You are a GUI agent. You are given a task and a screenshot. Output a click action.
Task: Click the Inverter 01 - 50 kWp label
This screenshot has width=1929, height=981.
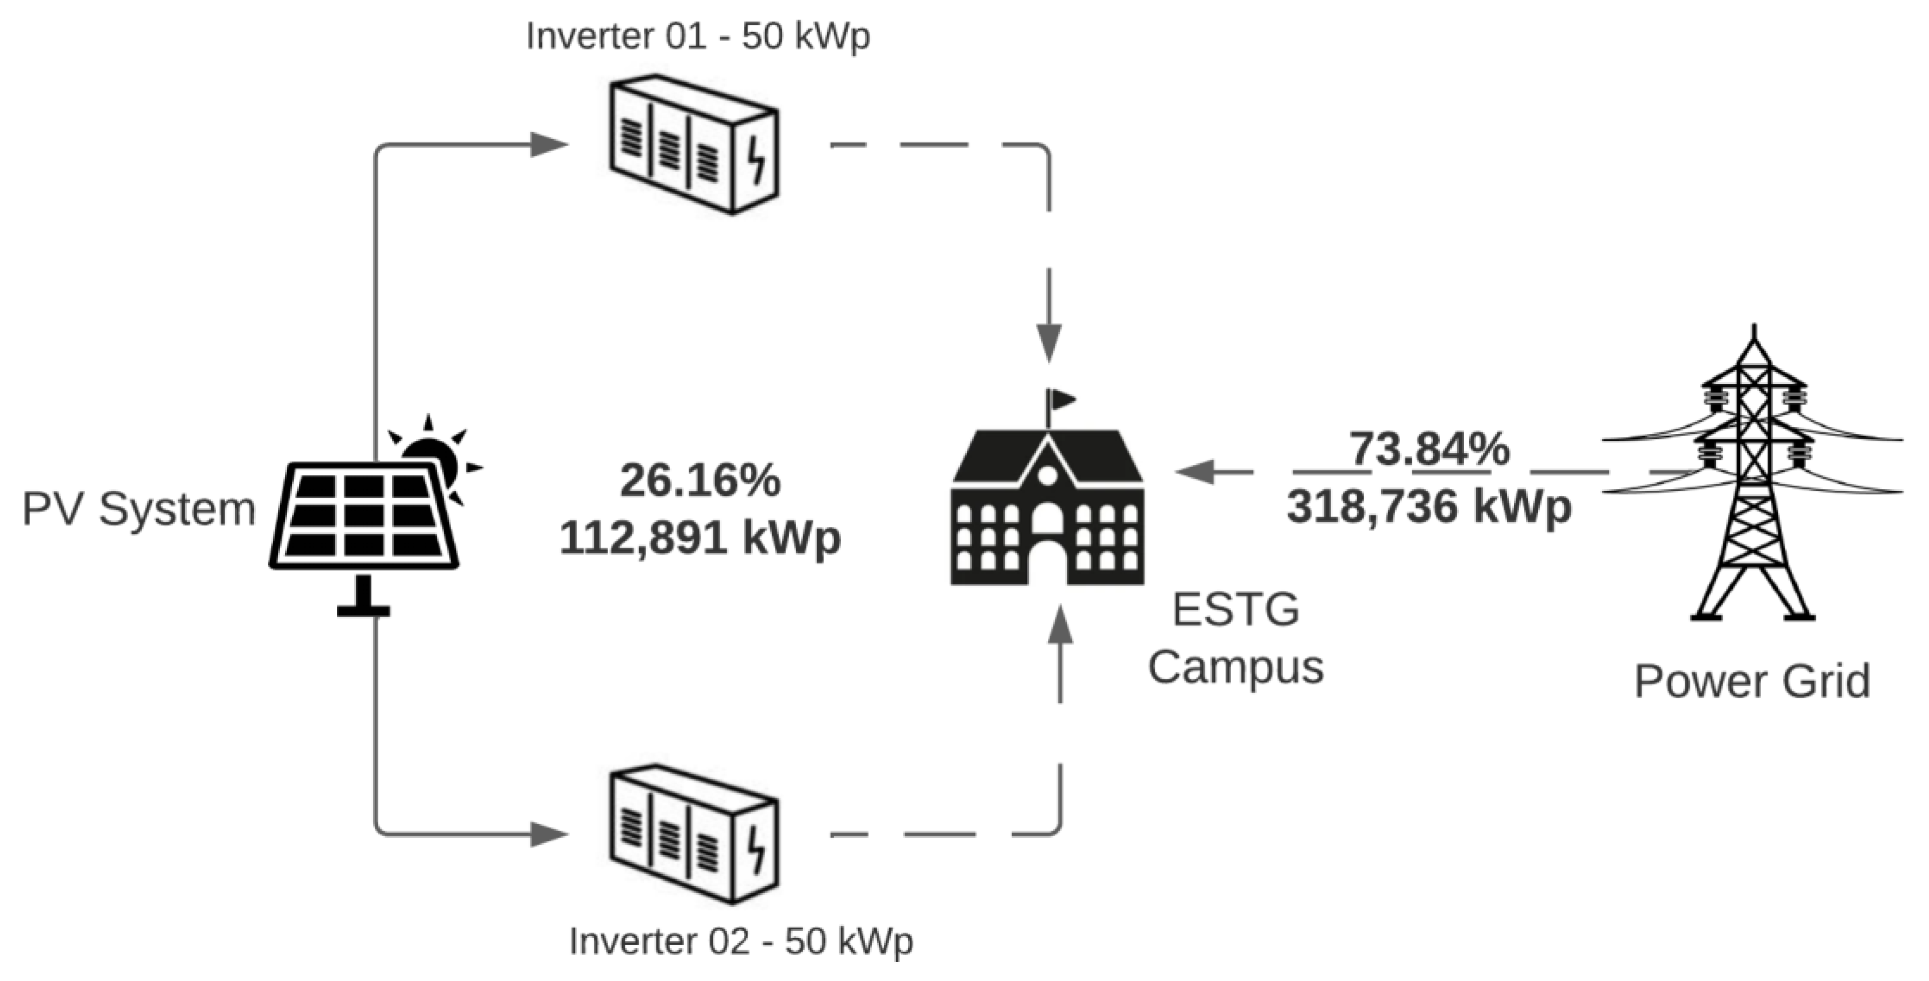[x=698, y=36]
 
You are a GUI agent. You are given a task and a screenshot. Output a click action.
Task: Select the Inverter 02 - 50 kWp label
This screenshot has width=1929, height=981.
[x=741, y=941]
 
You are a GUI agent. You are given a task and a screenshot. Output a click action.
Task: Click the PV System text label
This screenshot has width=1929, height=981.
[x=139, y=509]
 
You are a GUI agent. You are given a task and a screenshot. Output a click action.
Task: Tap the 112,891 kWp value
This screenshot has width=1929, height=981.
[x=700, y=537]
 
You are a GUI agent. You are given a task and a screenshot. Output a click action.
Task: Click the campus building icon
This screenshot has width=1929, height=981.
[x=1047, y=509]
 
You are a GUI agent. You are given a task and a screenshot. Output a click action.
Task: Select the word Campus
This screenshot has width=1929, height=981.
[x=1236, y=667]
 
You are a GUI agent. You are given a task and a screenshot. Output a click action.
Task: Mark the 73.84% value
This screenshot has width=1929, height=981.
[x=1429, y=449]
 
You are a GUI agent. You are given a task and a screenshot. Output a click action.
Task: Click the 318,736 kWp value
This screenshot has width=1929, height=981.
[x=1429, y=507]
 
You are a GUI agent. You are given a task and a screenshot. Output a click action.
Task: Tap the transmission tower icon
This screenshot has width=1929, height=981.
[x=1753, y=479]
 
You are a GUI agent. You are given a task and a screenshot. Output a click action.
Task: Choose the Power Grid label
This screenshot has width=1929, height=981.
[x=1753, y=682]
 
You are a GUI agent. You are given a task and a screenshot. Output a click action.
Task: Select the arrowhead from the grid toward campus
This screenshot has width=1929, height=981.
[x=1194, y=472]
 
